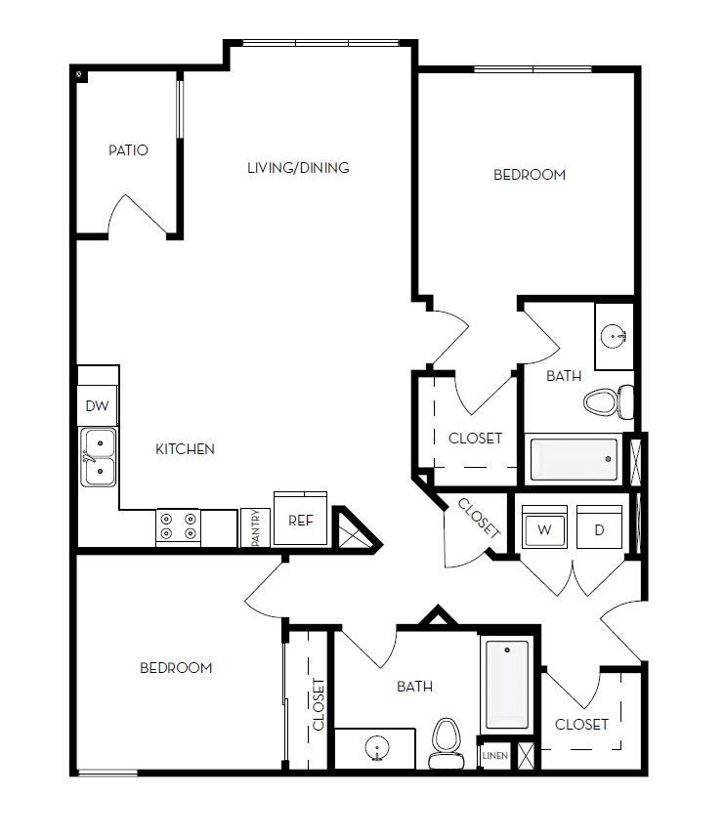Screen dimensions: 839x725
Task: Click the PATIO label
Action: (128, 150)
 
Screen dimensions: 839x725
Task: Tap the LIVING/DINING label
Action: (298, 168)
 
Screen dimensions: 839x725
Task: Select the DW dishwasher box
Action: (97, 406)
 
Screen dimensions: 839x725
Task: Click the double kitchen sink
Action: (98, 458)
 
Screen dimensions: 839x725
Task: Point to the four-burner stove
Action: (178, 527)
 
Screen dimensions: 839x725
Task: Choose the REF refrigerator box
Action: (300, 521)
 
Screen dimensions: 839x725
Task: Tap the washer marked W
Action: (544, 530)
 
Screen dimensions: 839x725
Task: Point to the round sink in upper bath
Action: (616, 338)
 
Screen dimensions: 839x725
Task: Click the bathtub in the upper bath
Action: (575, 459)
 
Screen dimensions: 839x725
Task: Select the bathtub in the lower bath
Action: (506, 684)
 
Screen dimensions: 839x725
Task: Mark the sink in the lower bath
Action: (377, 750)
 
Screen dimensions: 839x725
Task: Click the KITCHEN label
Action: (186, 449)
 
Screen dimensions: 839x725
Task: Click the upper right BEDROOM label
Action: (530, 175)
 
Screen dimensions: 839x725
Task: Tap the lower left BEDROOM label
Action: (176, 668)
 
